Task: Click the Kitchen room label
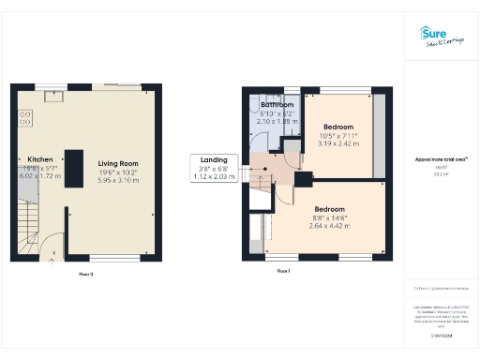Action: pos(39,160)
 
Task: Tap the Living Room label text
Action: pos(117,160)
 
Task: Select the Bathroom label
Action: pos(278,105)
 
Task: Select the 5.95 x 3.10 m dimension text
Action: pos(117,180)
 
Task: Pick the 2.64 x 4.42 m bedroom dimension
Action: pos(329,225)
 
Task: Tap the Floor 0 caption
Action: pos(85,274)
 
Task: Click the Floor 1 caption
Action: pos(283,271)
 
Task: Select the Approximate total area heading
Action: pos(442,159)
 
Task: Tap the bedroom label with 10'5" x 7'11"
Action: pos(337,127)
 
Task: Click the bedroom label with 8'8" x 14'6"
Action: pos(329,208)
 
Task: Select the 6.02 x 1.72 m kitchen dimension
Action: pos(39,175)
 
